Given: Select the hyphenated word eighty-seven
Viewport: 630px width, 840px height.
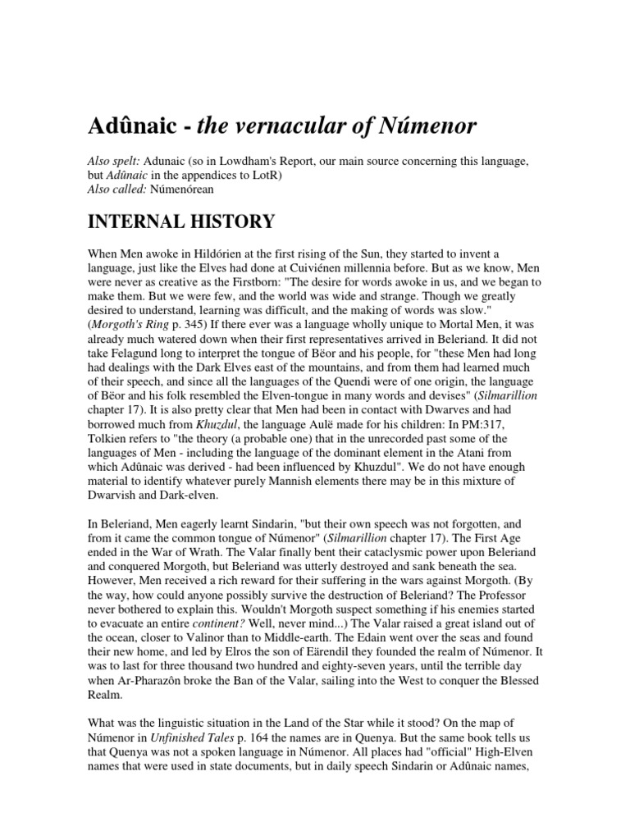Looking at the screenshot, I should click(367, 690).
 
